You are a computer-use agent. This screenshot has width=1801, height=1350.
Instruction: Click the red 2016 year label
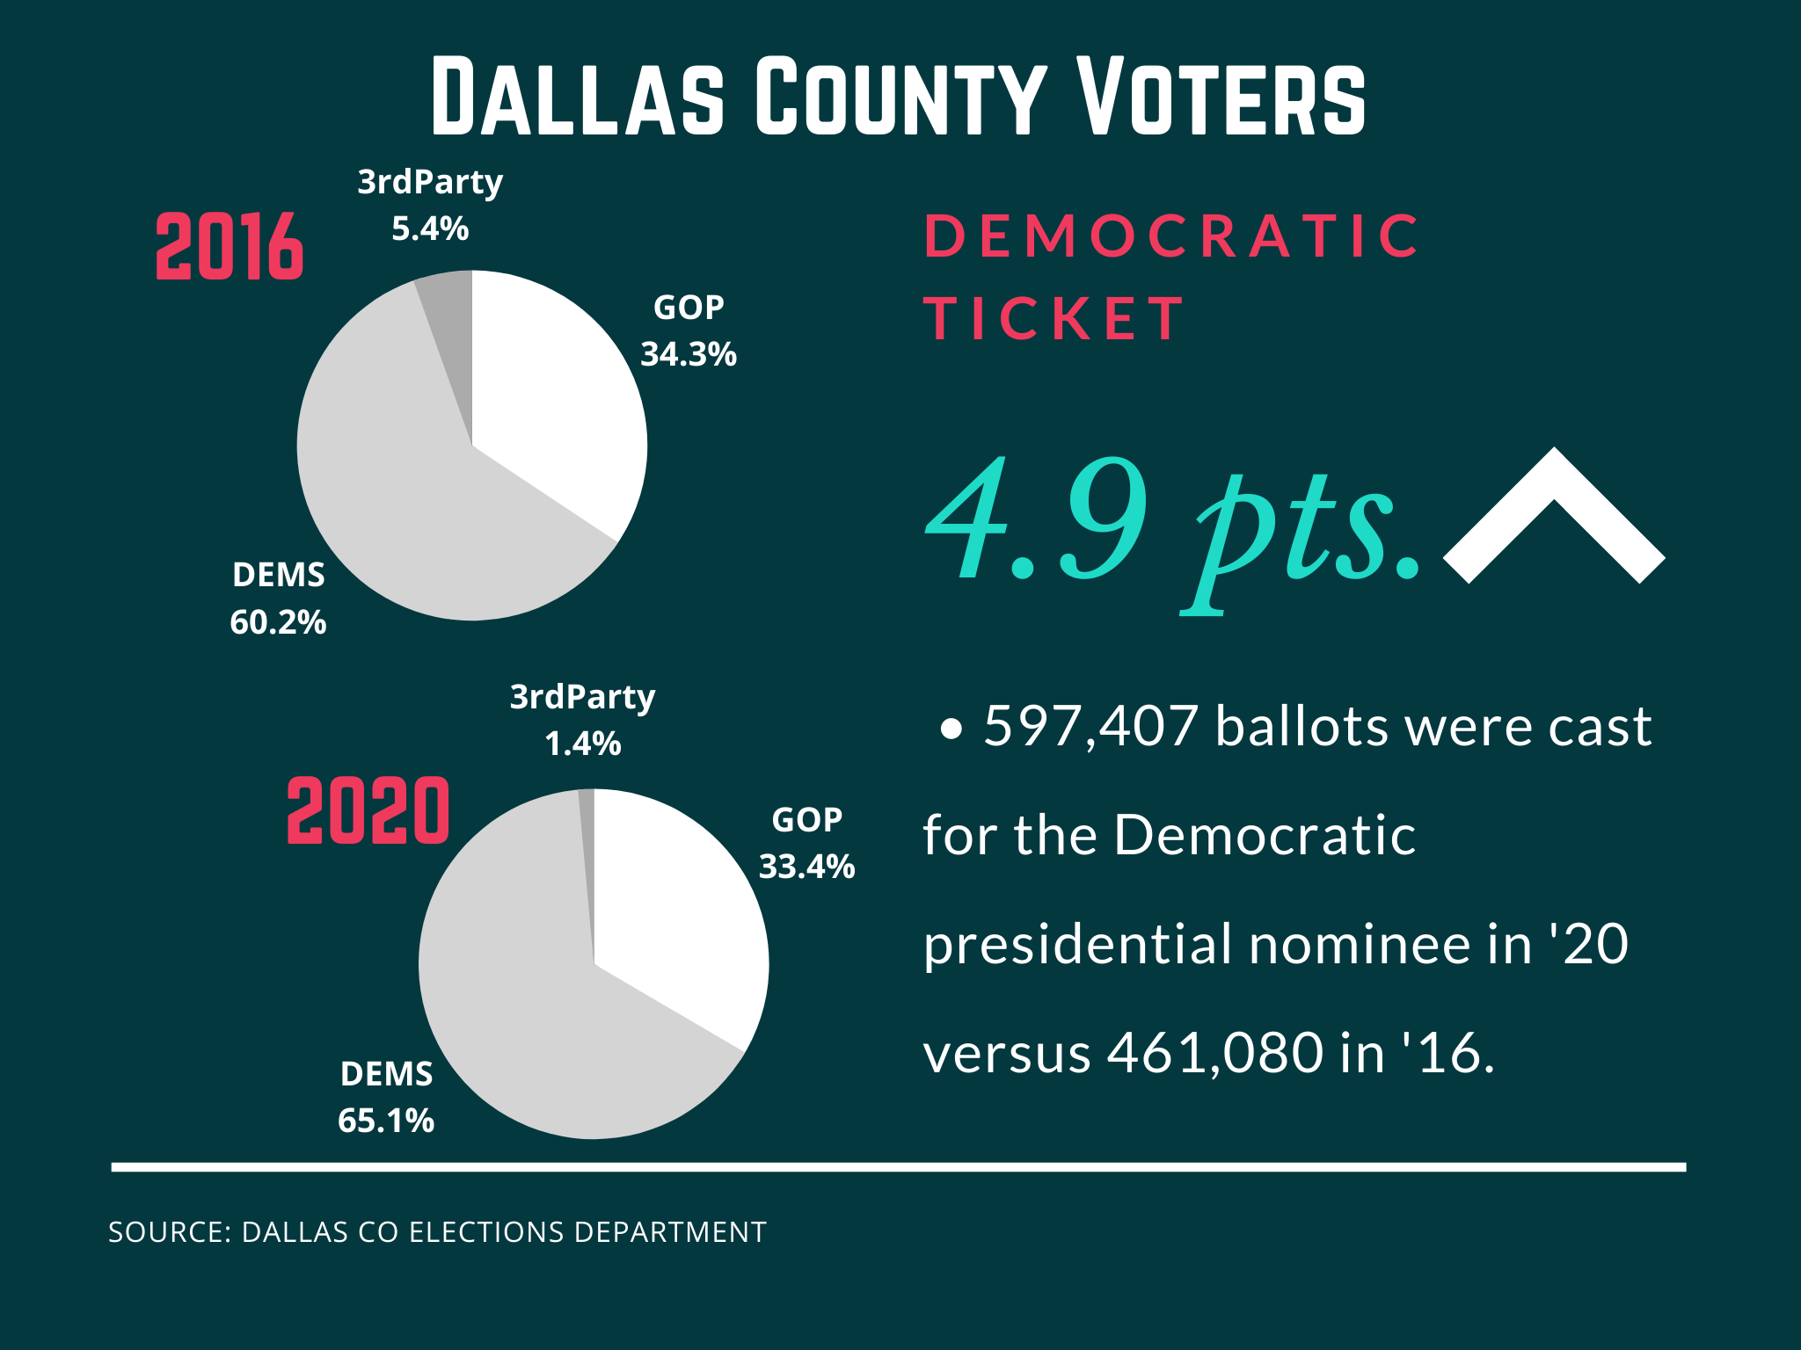230,247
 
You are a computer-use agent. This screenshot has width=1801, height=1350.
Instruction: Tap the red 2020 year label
368,811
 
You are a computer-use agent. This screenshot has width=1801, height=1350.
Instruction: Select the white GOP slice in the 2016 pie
554,396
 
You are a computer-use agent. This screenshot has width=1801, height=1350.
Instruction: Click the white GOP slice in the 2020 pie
677,914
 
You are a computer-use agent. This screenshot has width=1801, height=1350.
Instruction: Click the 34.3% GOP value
688,354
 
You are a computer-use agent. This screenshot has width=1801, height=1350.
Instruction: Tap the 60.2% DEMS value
278,622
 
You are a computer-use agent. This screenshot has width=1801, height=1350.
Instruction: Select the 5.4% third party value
430,229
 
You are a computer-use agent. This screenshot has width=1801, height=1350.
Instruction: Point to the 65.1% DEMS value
386,1121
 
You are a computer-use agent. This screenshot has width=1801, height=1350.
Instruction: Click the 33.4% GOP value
806,867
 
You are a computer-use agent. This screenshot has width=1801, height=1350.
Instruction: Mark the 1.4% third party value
583,744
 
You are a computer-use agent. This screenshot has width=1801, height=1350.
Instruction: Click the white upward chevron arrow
1554,519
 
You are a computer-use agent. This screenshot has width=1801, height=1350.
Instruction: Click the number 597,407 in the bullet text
1090,727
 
